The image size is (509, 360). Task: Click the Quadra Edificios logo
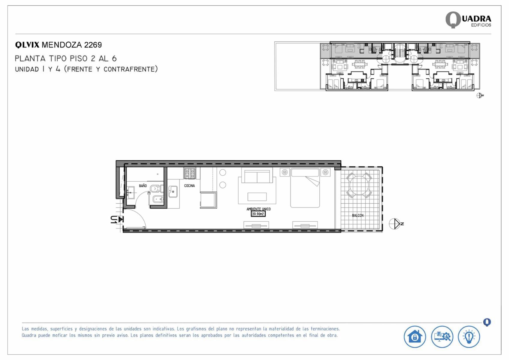468,20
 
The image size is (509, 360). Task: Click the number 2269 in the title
93,45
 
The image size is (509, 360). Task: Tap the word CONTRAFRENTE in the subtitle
129,69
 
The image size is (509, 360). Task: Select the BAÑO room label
143,186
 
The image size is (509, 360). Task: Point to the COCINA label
189,186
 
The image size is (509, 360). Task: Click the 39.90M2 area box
258,214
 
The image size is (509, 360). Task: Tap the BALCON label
358,215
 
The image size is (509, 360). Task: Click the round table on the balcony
359,185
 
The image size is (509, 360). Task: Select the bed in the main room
305,188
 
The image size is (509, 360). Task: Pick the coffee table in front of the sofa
257,197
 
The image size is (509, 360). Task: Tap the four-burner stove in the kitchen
190,174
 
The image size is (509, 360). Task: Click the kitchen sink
173,192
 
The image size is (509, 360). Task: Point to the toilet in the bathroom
157,189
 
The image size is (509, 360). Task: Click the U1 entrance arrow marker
117,219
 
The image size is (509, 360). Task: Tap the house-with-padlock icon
415,337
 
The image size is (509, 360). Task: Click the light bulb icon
469,337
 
